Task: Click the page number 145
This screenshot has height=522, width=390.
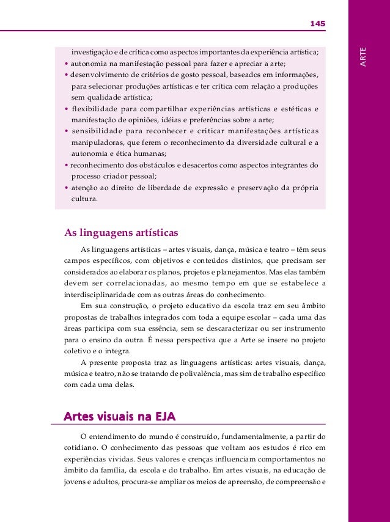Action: click(317, 23)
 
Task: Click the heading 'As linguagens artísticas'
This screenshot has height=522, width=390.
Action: click(121, 232)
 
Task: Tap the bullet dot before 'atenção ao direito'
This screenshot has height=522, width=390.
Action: click(67, 188)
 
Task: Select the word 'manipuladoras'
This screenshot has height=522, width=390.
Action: click(97, 143)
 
